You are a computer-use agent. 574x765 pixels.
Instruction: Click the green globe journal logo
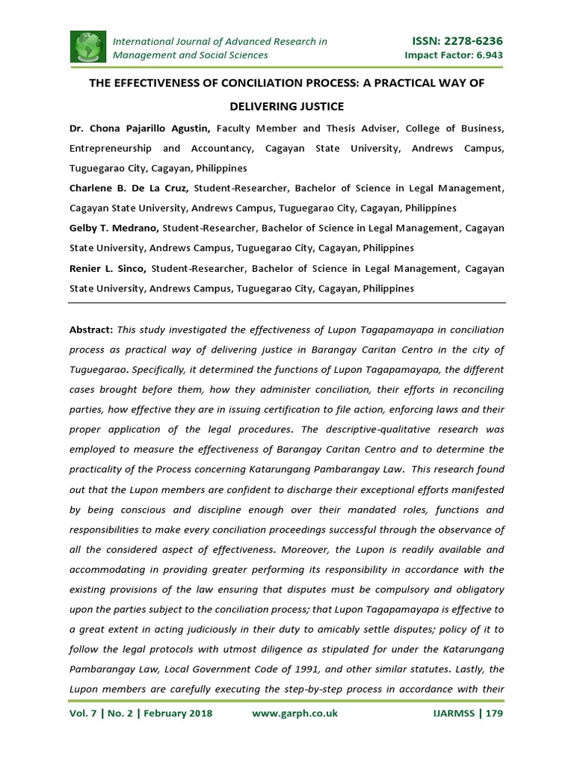88,47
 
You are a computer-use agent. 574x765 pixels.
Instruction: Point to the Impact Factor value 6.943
486,55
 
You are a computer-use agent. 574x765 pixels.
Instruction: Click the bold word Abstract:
91,329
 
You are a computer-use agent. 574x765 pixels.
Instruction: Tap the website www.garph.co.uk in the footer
295,713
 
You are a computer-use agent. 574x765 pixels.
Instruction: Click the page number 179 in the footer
494,713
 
